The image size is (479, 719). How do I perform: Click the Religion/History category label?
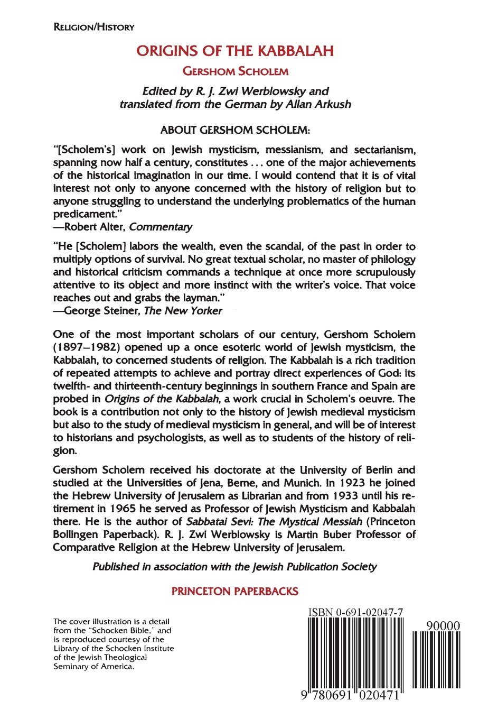tap(93, 27)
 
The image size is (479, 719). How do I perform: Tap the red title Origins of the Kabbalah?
tap(235, 51)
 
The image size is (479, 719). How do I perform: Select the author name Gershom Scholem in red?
tap(235, 70)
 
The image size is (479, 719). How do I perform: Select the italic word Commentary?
tap(161, 227)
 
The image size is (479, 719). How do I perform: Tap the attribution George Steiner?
tap(98, 311)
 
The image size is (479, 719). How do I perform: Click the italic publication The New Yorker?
tap(183, 311)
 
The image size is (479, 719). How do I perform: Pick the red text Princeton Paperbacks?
tap(235, 591)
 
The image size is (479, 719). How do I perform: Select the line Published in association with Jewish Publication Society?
tap(235, 566)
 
